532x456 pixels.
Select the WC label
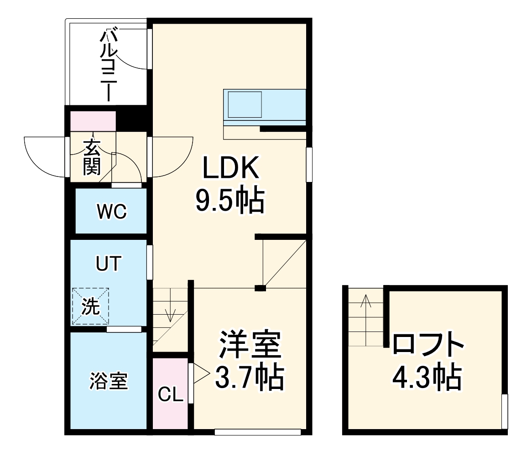(111, 212)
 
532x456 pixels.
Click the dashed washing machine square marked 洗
(90, 306)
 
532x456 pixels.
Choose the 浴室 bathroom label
(109, 381)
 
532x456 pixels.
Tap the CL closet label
(170, 394)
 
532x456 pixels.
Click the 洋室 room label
(250, 344)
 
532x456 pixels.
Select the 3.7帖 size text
(250, 377)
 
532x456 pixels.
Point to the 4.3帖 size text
(427, 377)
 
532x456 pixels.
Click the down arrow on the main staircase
(171, 311)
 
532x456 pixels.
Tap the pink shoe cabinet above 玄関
(93, 121)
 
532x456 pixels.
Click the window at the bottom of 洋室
(258, 431)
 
